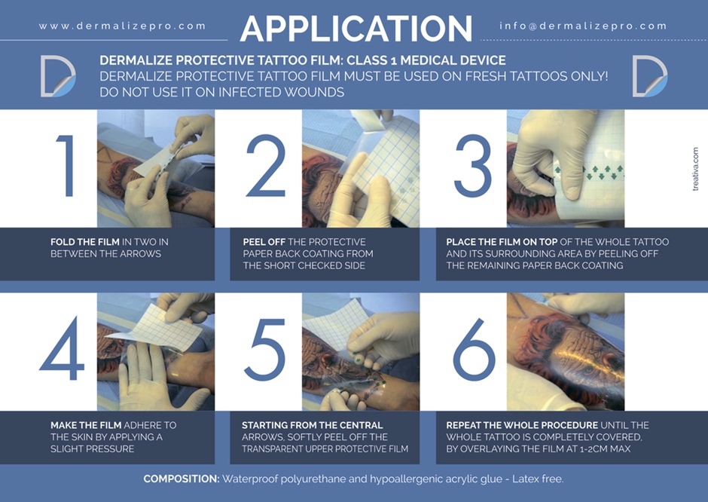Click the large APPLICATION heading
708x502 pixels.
[x=356, y=29]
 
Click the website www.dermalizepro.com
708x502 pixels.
[x=122, y=26]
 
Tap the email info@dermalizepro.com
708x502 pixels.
[x=583, y=26]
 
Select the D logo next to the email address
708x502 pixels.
[x=650, y=76]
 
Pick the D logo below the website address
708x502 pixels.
[x=58, y=76]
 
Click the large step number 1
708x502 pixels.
[x=67, y=166]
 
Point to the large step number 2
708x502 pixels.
[x=266, y=166]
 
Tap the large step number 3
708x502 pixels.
[x=472, y=166]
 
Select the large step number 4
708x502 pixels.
[x=62, y=348]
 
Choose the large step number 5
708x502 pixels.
[x=264, y=349]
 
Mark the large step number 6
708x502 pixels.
[x=474, y=349]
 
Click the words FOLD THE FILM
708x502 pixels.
[x=85, y=242]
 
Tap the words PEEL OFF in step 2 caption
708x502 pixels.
[x=264, y=242]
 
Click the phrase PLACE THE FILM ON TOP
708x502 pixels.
[x=502, y=242]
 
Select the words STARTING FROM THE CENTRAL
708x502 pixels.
[x=312, y=425]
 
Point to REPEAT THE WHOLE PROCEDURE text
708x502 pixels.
[x=522, y=425]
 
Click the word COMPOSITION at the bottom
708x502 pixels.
[x=182, y=479]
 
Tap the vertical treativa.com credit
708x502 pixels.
[x=695, y=169]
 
